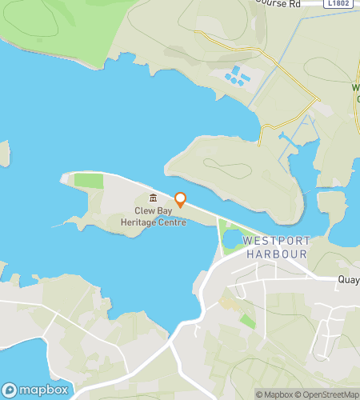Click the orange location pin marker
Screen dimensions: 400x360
point(181,199)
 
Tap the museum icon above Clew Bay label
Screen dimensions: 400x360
point(153,198)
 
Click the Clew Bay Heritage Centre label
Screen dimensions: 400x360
point(154,217)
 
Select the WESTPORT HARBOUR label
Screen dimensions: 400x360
point(274,246)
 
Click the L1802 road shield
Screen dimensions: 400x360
point(339,4)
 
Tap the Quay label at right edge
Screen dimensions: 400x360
point(349,280)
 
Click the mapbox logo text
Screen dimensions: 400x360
point(43,390)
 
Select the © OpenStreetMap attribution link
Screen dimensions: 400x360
point(328,394)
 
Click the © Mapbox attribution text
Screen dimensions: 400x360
point(274,394)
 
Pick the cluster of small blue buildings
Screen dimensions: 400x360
point(237,77)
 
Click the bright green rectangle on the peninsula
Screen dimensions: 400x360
point(89,180)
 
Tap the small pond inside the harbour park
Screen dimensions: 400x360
point(234,239)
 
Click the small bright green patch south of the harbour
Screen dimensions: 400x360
point(247,321)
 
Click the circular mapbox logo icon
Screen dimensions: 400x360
point(10,390)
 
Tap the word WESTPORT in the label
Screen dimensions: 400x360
point(274,240)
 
